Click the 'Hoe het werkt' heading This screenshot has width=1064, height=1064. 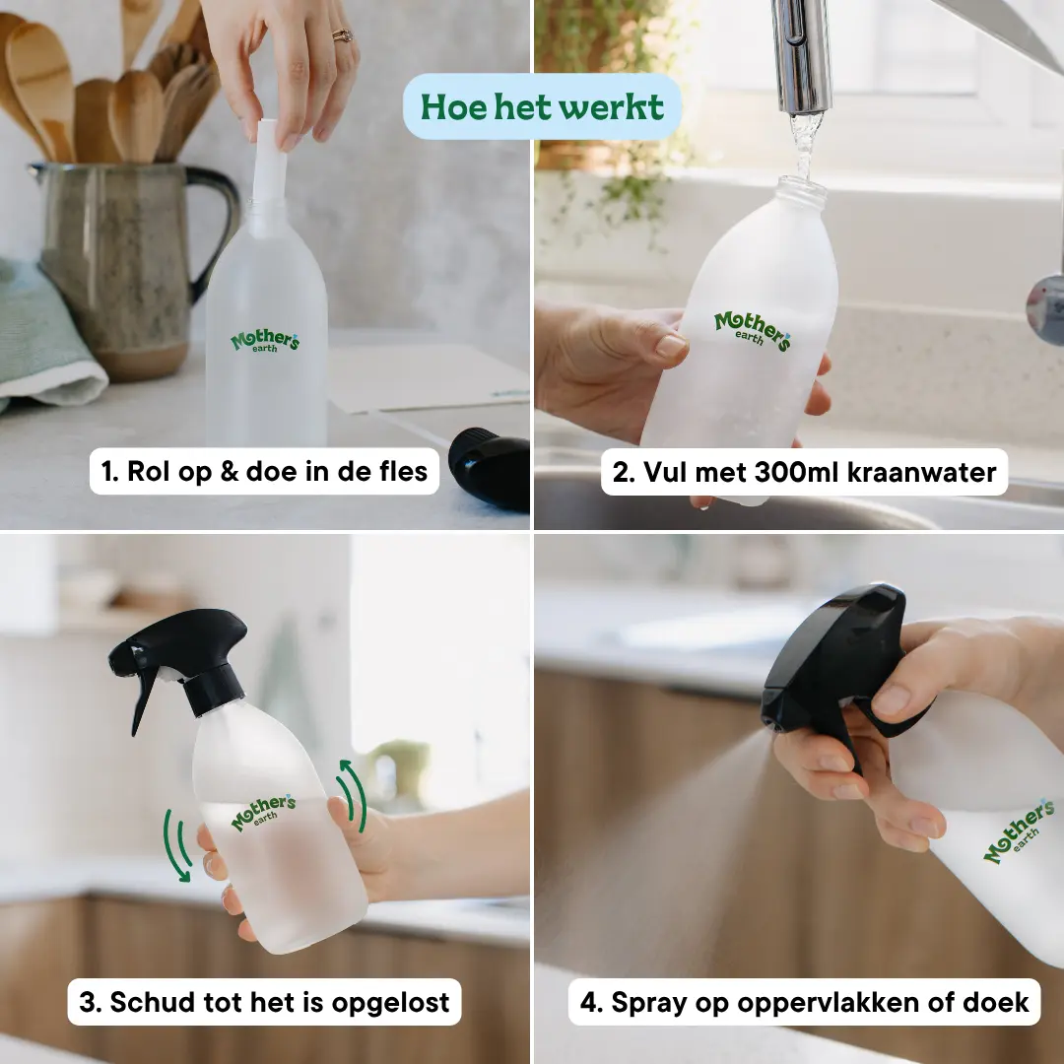coord(542,106)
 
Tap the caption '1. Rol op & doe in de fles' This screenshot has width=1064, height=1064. coord(264,471)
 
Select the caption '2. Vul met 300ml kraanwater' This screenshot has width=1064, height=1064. coord(804,472)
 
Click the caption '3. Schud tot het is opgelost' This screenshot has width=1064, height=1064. coord(264,1002)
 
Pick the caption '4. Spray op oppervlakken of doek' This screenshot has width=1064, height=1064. coord(804,1002)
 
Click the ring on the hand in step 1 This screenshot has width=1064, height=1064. coord(342,35)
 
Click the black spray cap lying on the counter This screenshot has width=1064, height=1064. coord(490,468)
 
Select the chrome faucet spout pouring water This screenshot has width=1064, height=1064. coord(801,55)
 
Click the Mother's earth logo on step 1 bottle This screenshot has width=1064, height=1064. coord(265,340)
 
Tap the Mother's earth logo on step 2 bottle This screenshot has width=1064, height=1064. coord(753,330)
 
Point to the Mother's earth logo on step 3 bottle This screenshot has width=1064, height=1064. coord(263,812)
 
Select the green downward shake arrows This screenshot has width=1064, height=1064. coord(175,846)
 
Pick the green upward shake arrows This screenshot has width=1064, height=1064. coord(352,795)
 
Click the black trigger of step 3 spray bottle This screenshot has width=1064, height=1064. coord(143,698)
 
